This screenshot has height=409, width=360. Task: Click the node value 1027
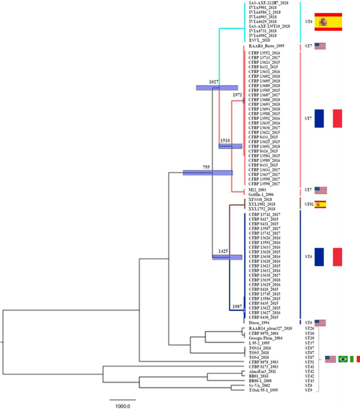[x=213, y=82]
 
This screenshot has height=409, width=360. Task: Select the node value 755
[x=207, y=167]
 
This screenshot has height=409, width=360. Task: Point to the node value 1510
[x=225, y=141]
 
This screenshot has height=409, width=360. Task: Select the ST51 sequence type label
[x=310, y=362]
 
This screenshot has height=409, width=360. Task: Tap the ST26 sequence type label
[x=310, y=329]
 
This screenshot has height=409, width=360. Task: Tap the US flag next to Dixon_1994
[x=320, y=322]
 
